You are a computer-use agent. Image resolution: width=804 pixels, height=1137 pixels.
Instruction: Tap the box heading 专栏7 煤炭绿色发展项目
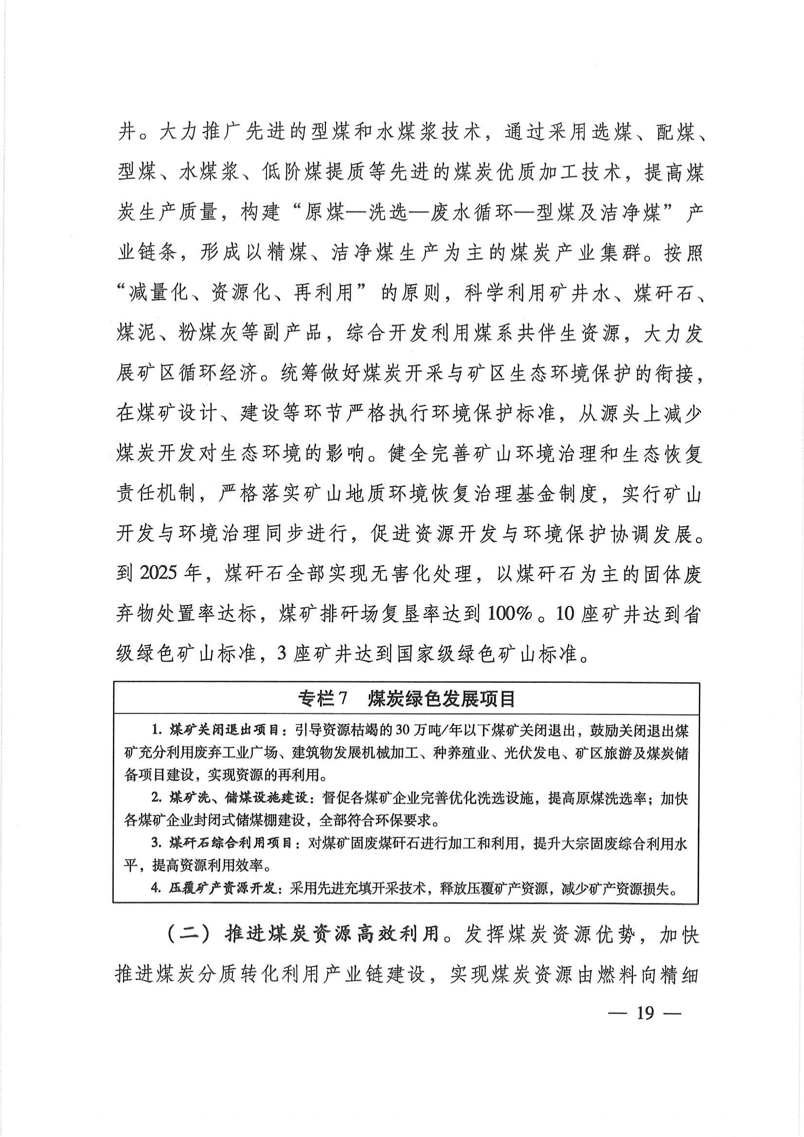407,698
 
